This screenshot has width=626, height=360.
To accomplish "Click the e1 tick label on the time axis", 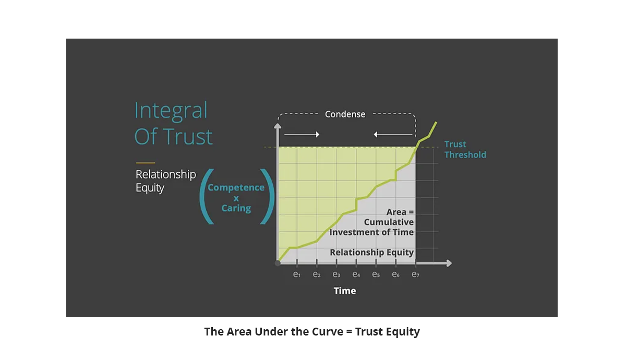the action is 297,274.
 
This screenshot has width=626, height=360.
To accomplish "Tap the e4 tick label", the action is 356,274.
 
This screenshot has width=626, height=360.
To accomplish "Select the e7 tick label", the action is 416,274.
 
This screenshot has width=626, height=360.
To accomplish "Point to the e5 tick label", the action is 376,274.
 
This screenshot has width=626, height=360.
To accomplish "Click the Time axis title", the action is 345,291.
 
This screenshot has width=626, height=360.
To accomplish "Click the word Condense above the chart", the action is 345,114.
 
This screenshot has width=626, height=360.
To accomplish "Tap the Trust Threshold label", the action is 465,149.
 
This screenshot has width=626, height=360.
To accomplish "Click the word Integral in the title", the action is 171,111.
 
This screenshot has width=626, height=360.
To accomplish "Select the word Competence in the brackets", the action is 236,187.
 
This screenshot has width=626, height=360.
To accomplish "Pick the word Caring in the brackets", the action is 236,208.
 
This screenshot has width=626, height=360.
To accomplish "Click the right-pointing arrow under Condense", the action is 302,135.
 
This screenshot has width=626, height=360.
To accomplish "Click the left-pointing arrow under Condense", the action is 393,135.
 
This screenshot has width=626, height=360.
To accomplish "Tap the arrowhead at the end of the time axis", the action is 449,263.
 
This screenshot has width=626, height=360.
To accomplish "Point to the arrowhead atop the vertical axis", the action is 278,126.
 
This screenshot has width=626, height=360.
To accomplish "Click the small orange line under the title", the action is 146,163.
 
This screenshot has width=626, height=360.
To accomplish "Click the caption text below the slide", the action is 312,332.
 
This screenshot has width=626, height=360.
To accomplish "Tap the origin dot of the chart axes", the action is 278,263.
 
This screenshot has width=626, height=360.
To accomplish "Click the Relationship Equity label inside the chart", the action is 371,252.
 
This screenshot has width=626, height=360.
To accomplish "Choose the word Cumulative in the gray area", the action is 389,222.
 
